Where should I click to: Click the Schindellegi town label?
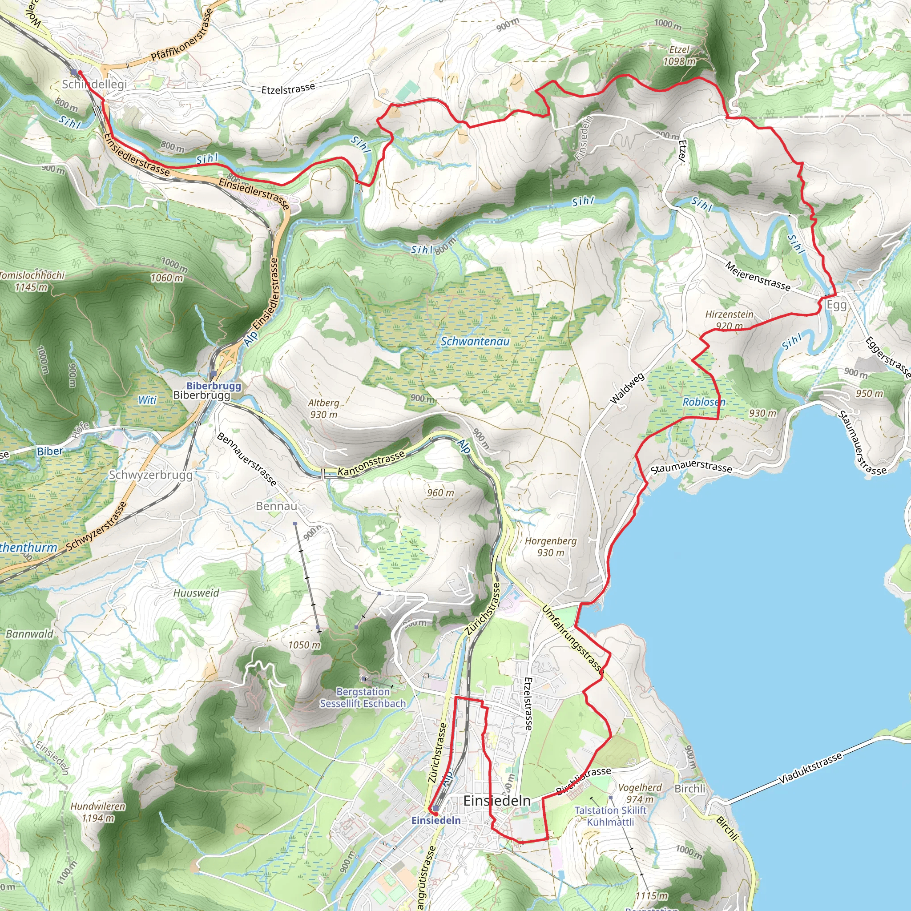coord(95,85)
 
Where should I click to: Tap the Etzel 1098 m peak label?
coord(679,56)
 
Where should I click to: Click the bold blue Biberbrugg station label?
coord(214,386)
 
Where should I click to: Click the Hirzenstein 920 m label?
coord(729,320)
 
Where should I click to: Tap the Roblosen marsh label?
coord(704,402)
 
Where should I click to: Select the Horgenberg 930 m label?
coord(550,547)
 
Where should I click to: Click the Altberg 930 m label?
coord(323,408)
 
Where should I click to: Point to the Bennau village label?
coord(276,506)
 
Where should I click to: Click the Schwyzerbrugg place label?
coord(151,475)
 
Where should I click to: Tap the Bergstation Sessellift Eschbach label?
coord(363,697)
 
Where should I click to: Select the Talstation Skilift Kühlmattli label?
coord(610,816)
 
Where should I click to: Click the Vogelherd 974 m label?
coord(639,793)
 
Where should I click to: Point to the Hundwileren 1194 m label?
coord(98,812)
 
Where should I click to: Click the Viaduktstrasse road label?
coord(810,768)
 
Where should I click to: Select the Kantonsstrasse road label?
coord(371,464)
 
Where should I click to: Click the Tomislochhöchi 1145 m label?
coord(31,281)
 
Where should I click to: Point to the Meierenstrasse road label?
coord(757,276)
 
